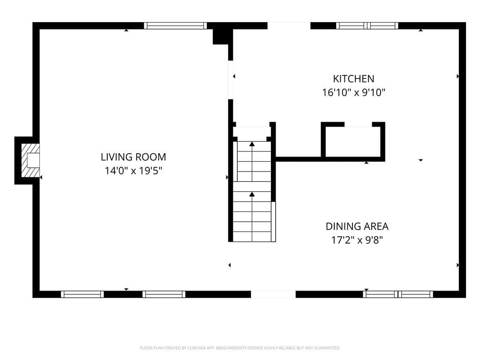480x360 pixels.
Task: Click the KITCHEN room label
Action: pyautogui.click(x=353, y=79)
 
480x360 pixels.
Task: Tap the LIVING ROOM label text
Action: pyautogui.click(x=134, y=157)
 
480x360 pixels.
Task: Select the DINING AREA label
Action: pyautogui.click(x=357, y=226)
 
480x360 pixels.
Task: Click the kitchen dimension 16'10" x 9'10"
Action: pyautogui.click(x=353, y=92)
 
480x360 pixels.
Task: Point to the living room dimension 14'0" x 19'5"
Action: pyautogui.click(x=134, y=171)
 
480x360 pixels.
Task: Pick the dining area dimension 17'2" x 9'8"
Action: pyautogui.click(x=357, y=240)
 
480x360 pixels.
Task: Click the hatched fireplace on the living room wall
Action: pyautogui.click(x=30, y=160)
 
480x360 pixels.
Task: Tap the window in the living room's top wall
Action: pyautogui.click(x=175, y=26)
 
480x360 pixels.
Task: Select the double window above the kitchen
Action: pyautogui.click(x=367, y=26)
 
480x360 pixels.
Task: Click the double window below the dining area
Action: pyautogui.click(x=398, y=294)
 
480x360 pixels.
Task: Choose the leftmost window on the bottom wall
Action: pyautogui.click(x=82, y=294)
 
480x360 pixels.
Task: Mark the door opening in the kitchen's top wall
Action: pyautogui.click(x=289, y=26)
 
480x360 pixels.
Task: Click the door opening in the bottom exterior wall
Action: pyautogui.click(x=273, y=294)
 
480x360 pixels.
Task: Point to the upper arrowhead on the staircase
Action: pyautogui.click(x=252, y=144)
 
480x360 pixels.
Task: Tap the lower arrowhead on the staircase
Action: pyautogui.click(x=252, y=194)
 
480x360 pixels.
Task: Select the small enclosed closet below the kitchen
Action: pyautogui.click(x=353, y=142)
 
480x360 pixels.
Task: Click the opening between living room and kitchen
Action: pyautogui.click(x=231, y=80)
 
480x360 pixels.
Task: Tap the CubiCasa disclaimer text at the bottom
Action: pyautogui.click(x=240, y=348)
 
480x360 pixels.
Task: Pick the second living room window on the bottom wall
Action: pyautogui.click(x=164, y=294)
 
